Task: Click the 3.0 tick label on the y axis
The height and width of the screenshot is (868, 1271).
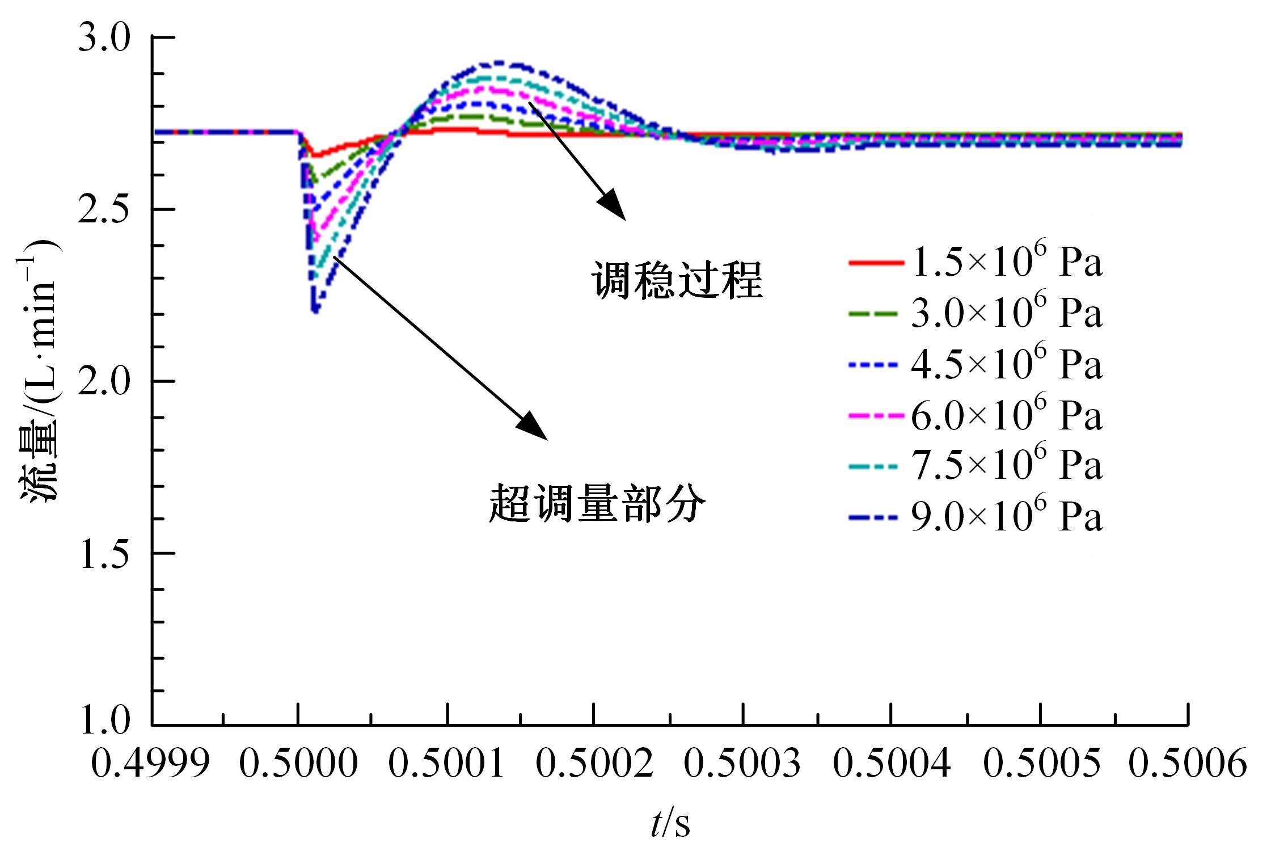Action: point(104,38)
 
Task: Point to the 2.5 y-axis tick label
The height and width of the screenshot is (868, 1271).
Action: point(104,210)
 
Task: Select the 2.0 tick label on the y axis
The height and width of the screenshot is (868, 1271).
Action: point(104,382)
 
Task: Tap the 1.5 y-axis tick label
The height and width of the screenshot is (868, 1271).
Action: point(104,553)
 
